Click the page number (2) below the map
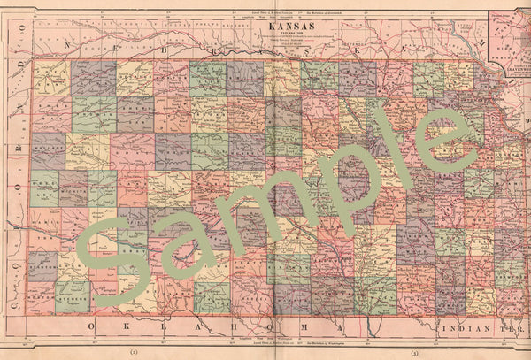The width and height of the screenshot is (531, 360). (133, 351)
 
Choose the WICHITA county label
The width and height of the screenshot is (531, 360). (73, 188)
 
